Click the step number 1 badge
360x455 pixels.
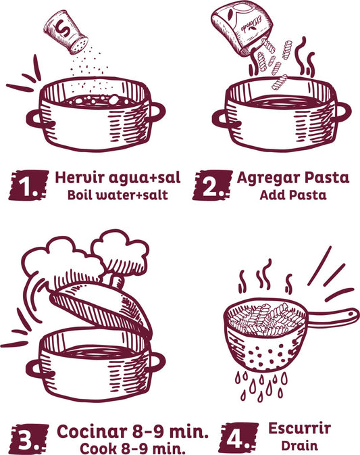tap(28, 185)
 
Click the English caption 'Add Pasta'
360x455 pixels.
tap(292, 196)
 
